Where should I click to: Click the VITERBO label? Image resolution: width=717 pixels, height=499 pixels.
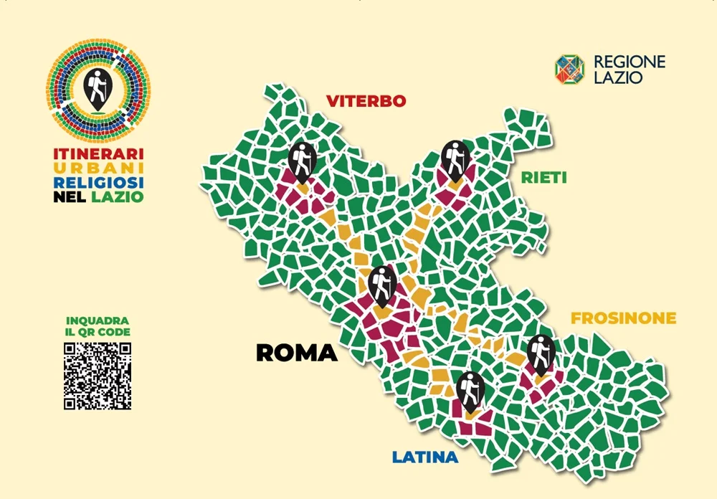click(366, 101)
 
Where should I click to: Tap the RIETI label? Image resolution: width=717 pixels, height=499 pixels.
click(543, 177)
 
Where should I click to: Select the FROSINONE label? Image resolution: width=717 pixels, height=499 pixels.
click(623, 318)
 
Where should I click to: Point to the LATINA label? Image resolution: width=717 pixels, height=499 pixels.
click(424, 457)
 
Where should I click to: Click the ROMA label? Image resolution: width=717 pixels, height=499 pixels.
click(296, 353)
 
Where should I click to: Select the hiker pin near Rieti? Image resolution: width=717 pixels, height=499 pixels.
click(455, 159)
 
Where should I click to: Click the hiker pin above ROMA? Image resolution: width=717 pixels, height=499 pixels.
click(382, 285)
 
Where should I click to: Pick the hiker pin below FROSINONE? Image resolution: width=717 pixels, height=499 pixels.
click(541, 353)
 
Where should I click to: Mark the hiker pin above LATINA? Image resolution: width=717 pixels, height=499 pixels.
click(470, 391)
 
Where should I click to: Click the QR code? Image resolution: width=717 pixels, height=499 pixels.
click(98, 376)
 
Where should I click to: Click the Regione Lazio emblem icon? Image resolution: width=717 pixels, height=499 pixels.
click(569, 70)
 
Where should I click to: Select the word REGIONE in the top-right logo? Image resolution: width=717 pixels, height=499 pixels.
click(629, 62)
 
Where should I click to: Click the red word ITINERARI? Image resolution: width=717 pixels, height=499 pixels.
click(99, 153)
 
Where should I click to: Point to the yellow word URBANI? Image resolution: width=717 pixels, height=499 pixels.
click(99, 168)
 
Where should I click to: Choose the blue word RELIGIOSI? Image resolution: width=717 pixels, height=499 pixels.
click(99, 182)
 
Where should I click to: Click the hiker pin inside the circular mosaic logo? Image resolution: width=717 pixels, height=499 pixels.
click(96, 88)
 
